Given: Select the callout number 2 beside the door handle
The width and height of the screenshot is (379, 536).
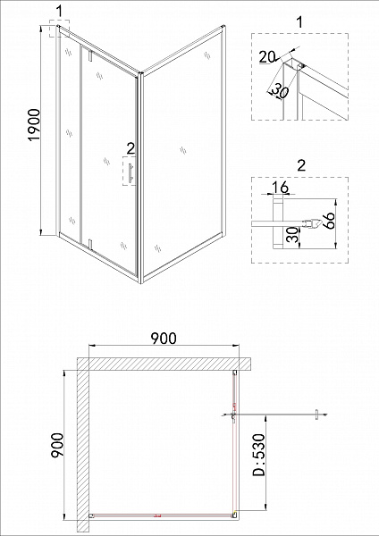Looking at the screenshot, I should click(x=131, y=148).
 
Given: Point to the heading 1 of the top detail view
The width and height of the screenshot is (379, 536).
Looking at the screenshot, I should click(x=298, y=20).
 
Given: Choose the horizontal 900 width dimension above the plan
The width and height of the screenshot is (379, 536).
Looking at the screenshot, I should click(x=162, y=337).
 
